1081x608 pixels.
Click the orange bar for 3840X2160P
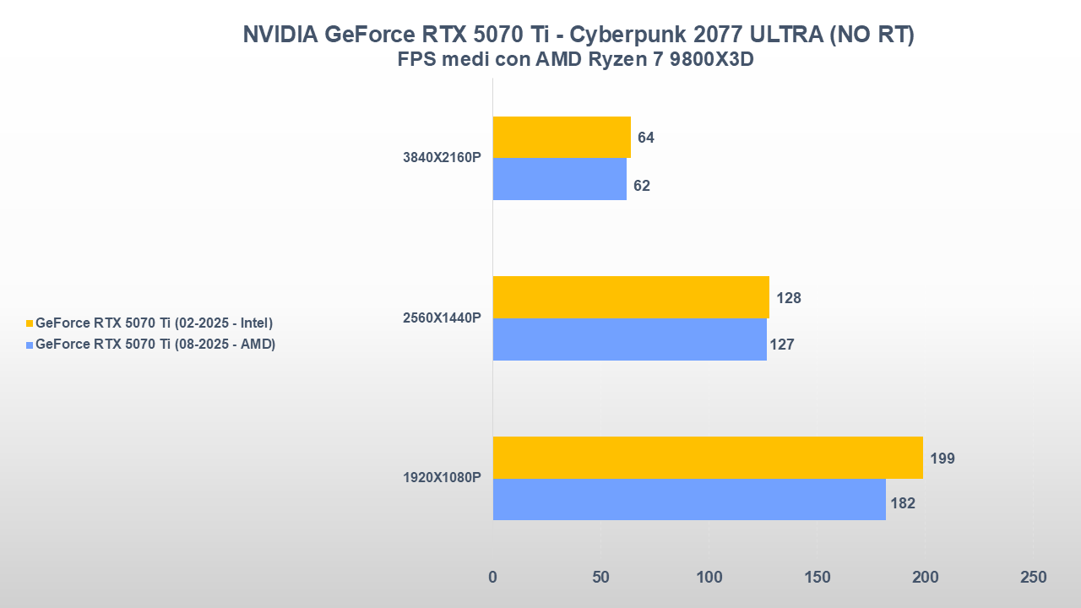click(562, 137)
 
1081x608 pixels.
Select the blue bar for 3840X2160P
click(559, 179)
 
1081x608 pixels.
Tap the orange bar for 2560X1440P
click(630, 297)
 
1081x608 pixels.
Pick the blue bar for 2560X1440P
click(629, 339)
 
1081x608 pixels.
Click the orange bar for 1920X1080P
click(707, 458)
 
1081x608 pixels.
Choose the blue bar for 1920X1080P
click(688, 499)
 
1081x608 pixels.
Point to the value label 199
click(942, 459)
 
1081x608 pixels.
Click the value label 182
click(903, 503)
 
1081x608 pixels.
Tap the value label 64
click(646, 138)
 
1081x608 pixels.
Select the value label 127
click(782, 345)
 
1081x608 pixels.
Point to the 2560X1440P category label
click(442, 318)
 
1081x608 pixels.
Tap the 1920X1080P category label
click(442, 478)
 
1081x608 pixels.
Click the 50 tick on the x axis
click(600, 578)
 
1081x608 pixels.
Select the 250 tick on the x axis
click(1033, 578)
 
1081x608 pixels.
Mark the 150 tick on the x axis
click(817, 578)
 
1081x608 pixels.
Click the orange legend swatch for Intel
click(30, 323)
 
